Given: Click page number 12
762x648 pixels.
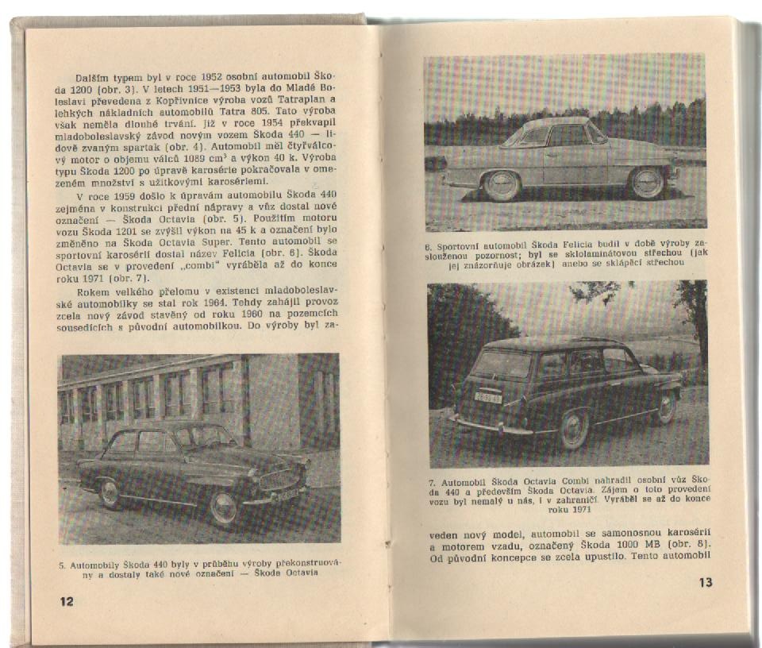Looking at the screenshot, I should pyautogui.click(x=66, y=601).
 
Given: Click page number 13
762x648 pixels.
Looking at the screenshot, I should pyautogui.click(x=706, y=582).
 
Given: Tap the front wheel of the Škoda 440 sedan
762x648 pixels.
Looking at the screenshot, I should pyautogui.click(x=223, y=507).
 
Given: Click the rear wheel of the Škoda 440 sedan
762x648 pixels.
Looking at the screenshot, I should pyautogui.click(x=110, y=493).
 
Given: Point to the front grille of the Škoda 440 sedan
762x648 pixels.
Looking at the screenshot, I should pyautogui.click(x=281, y=480).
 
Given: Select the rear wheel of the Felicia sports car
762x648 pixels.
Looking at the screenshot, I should pyautogui.click(x=646, y=183).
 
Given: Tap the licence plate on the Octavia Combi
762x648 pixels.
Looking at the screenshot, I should pyautogui.click(x=487, y=396).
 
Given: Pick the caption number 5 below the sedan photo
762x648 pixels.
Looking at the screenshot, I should pyautogui.click(x=62, y=565).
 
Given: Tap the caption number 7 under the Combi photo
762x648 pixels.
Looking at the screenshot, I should pyautogui.click(x=432, y=481).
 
